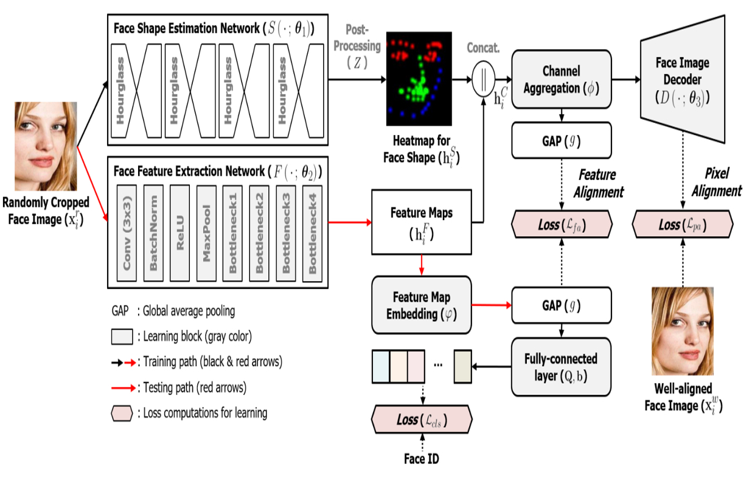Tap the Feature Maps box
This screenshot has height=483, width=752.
tap(422, 221)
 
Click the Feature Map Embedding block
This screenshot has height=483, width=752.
tap(422, 305)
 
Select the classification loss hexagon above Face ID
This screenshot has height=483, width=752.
tap(422, 420)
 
